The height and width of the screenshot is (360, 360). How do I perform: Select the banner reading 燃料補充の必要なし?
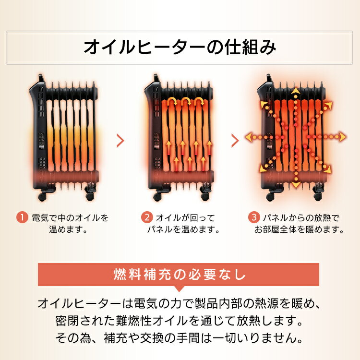point(180,276)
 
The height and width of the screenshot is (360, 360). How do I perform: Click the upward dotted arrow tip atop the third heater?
point(296,90)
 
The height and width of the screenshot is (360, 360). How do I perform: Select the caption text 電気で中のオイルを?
point(69,217)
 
